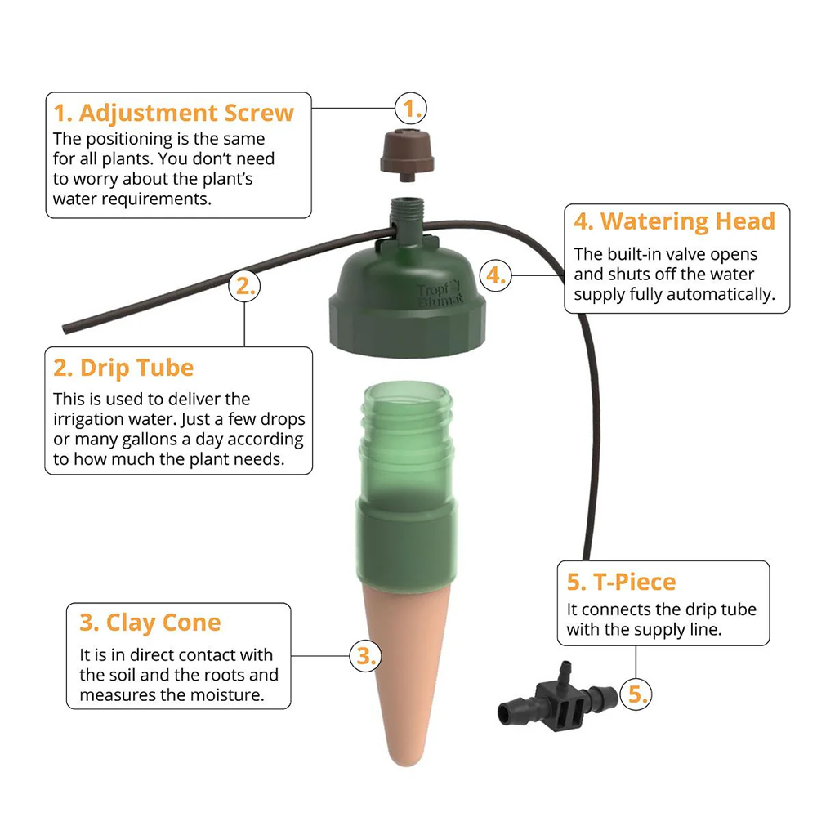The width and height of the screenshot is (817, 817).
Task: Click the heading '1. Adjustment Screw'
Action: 173,113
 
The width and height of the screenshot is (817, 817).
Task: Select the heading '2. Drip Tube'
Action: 123,368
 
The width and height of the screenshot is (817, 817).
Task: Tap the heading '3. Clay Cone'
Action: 150,623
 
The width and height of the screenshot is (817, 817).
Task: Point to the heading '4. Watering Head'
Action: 674,221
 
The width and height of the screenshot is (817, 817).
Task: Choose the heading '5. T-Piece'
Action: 621,582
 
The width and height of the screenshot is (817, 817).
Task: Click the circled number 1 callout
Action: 411,109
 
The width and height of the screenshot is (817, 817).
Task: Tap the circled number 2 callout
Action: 245,286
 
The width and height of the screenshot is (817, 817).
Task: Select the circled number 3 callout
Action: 366,656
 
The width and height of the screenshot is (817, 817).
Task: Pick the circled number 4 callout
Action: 496,275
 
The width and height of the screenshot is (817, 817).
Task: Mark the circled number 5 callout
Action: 636,694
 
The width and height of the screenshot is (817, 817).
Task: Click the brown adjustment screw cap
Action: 406,154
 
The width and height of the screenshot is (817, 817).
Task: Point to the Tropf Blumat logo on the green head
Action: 440,293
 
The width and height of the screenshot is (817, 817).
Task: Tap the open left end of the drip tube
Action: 65,329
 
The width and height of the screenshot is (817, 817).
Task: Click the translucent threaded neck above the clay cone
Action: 406,440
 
